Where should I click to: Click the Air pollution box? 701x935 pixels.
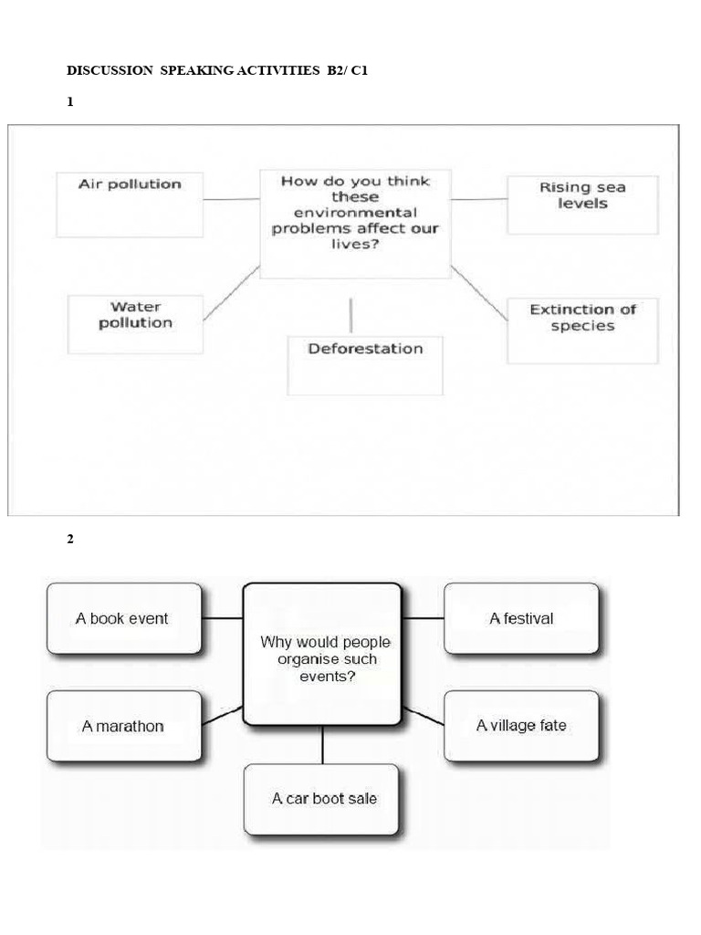click(x=130, y=205)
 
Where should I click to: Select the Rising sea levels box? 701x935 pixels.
click(x=582, y=205)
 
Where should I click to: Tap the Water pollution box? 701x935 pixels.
click(x=135, y=323)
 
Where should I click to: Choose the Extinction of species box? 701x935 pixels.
click(x=582, y=331)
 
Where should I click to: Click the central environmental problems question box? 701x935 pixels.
click(x=355, y=222)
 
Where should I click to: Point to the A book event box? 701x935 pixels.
click(x=123, y=618)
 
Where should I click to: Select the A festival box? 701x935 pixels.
click(x=521, y=618)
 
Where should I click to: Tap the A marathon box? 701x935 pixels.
click(x=123, y=726)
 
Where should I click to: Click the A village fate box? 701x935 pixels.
click(x=521, y=726)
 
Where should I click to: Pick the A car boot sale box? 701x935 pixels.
click(x=322, y=799)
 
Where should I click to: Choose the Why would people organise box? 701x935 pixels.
click(x=322, y=655)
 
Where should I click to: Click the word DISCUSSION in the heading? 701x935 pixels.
click(x=110, y=70)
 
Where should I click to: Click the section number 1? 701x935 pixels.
click(x=69, y=103)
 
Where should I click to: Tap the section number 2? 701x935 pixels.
click(x=69, y=539)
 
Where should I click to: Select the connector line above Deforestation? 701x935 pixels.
click(x=351, y=315)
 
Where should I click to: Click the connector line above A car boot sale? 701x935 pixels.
click(x=322, y=745)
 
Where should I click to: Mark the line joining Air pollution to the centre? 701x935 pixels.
click(x=232, y=198)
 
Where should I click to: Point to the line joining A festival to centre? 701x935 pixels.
click(x=423, y=618)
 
